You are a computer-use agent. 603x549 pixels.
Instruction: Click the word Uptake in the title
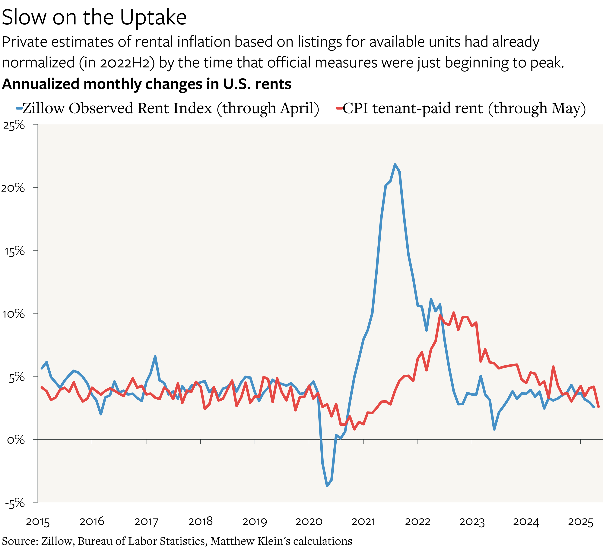[153, 17]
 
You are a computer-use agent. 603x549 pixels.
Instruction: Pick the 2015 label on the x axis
[38, 522]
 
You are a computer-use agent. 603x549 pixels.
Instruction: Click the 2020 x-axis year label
[309, 522]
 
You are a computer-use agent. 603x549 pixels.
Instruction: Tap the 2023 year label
[472, 522]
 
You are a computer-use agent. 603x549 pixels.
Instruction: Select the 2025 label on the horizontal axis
[580, 522]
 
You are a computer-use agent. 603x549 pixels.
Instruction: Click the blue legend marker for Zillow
[19, 108]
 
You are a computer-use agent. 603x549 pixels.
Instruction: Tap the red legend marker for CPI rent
[339, 108]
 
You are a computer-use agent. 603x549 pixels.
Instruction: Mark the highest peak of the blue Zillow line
[395, 164]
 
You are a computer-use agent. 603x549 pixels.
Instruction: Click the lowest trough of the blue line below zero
[327, 486]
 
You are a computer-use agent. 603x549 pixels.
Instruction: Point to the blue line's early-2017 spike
[155, 357]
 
